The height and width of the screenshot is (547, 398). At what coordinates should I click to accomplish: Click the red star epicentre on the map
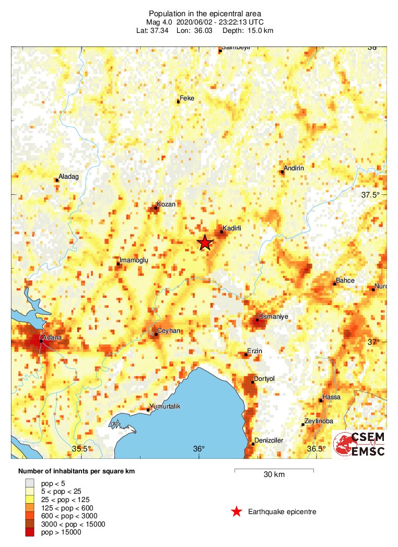coord(205,242)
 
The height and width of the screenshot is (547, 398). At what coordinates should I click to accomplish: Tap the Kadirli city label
coord(231,228)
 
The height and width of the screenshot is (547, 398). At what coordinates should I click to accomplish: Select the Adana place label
coord(53,338)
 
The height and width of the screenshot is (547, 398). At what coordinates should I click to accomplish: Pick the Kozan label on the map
coord(167,204)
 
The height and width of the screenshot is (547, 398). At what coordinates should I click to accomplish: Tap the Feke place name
coord(186,98)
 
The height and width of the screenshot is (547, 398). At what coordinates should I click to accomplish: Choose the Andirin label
coord(295,168)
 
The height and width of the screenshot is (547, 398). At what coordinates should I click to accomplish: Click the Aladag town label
coord(68,177)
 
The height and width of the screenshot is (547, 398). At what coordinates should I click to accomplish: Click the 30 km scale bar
coord(274,470)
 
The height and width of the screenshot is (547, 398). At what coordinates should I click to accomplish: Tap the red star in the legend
coord(237,511)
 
